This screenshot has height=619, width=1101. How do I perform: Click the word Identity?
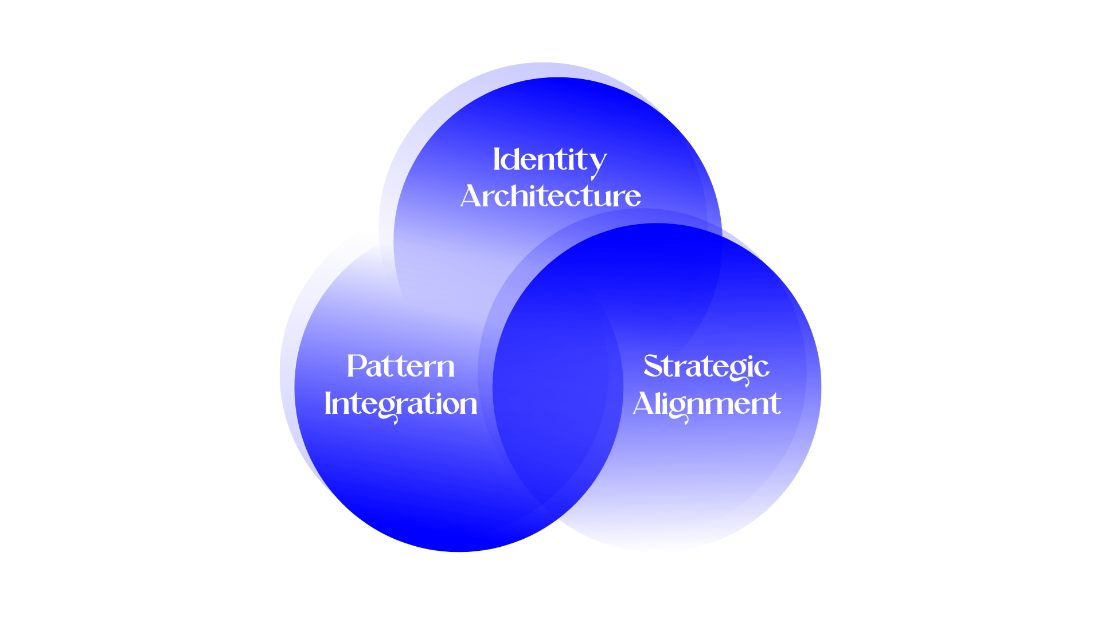(549, 160)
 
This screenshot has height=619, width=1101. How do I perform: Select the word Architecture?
(550, 197)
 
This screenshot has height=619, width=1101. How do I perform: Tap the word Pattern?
(400, 367)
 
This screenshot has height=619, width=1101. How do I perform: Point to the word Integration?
(400, 404)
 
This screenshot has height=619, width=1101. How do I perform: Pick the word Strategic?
(706, 367)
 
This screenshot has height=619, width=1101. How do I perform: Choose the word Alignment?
(706, 404)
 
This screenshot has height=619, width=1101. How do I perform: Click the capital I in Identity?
(497, 159)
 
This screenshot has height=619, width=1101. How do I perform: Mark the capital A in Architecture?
(471, 197)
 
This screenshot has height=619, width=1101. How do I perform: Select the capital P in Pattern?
(357, 366)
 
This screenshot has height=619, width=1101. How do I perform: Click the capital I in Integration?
(328, 403)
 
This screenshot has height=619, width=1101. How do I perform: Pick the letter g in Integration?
(389, 408)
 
